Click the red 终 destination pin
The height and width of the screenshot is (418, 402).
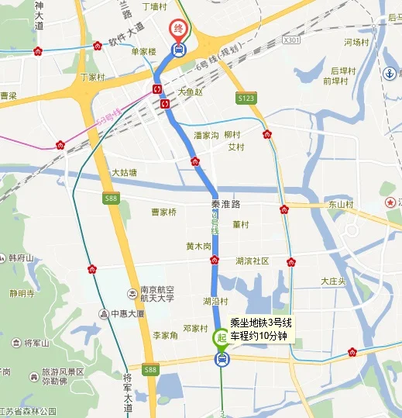click(178, 29)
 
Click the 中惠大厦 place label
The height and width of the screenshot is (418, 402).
click(127, 314)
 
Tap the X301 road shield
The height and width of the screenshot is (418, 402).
click(291, 40)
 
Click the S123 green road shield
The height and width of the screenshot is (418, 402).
click(246, 98)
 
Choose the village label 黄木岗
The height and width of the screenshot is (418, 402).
click(199, 246)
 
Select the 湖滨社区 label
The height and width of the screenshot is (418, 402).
click(252, 261)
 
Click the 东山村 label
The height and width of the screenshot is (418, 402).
click(340, 205)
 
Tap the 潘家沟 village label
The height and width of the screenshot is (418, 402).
click(207, 135)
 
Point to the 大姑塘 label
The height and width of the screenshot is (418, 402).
click(124, 172)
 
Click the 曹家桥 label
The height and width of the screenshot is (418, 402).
click(163, 212)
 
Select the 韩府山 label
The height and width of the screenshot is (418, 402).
click(22, 257)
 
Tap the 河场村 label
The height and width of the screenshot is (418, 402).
click(357, 43)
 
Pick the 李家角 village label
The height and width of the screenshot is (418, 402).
click(165, 336)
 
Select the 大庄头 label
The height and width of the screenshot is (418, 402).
click(333, 281)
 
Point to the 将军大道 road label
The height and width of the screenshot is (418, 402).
click(129, 392)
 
